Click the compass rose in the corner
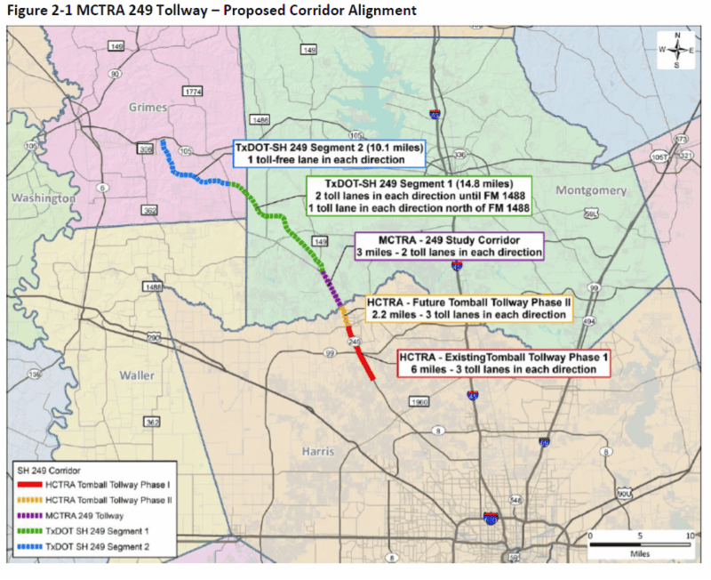[676, 50]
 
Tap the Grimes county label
[148, 108]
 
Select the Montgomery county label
[591, 190]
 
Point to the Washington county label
[42, 197]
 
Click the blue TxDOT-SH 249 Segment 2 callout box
[328, 153]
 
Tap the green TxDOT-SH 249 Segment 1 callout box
[418, 195]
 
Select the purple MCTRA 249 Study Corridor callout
[449, 246]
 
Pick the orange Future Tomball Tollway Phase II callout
[467, 309]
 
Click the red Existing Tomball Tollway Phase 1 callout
[502, 363]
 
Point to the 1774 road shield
[191, 92]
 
